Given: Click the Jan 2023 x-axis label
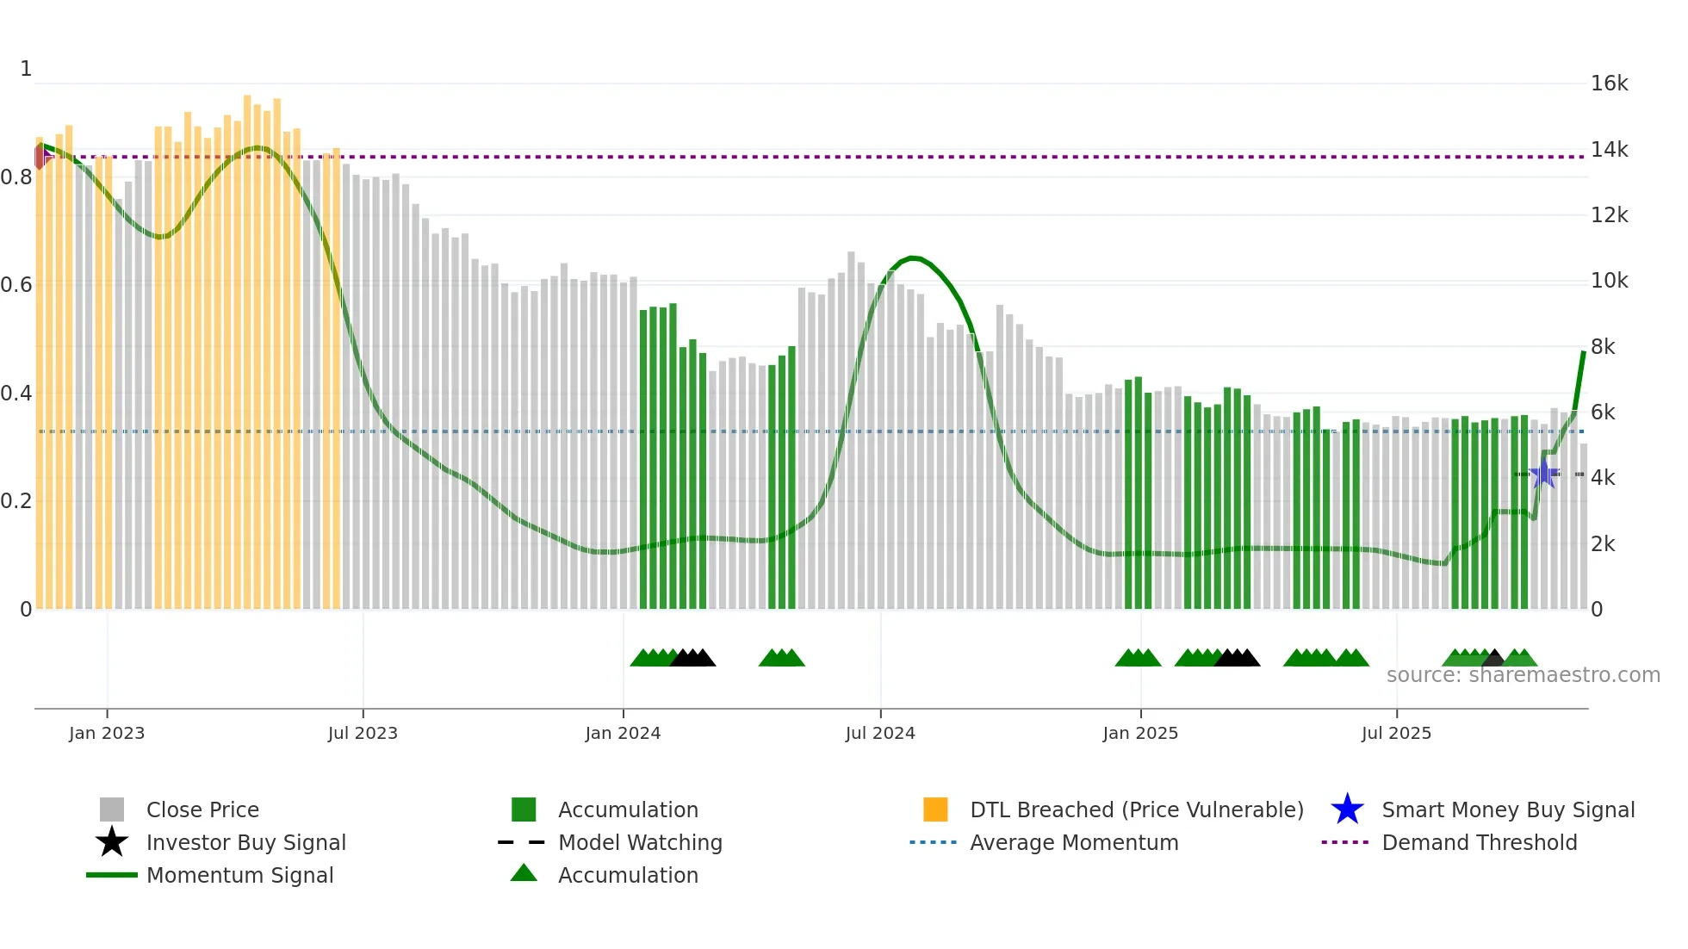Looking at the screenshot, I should (107, 733).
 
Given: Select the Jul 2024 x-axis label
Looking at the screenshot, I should (880, 733).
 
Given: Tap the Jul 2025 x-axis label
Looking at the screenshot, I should (1396, 733).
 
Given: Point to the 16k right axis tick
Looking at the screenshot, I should (1609, 84).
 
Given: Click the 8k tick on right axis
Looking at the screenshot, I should (1603, 346).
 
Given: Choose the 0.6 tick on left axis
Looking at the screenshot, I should (16, 285).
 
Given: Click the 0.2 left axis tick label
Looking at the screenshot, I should (16, 501).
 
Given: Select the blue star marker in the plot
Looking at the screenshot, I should (1544, 474).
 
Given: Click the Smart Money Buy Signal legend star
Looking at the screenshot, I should (1347, 809).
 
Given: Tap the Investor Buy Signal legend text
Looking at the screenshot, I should (245, 842).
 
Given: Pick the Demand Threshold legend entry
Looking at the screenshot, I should (1479, 842).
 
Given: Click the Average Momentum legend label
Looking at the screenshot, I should (1074, 842).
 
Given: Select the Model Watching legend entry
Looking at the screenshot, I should (640, 842).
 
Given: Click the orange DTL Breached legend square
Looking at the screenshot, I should (935, 809).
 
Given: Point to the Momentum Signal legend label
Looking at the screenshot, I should (239, 875).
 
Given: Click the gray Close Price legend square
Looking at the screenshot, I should (112, 809).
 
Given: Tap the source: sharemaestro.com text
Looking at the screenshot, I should (1523, 675).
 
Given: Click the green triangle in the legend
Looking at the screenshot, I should (524, 873).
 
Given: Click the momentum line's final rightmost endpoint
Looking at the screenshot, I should (1583, 352).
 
